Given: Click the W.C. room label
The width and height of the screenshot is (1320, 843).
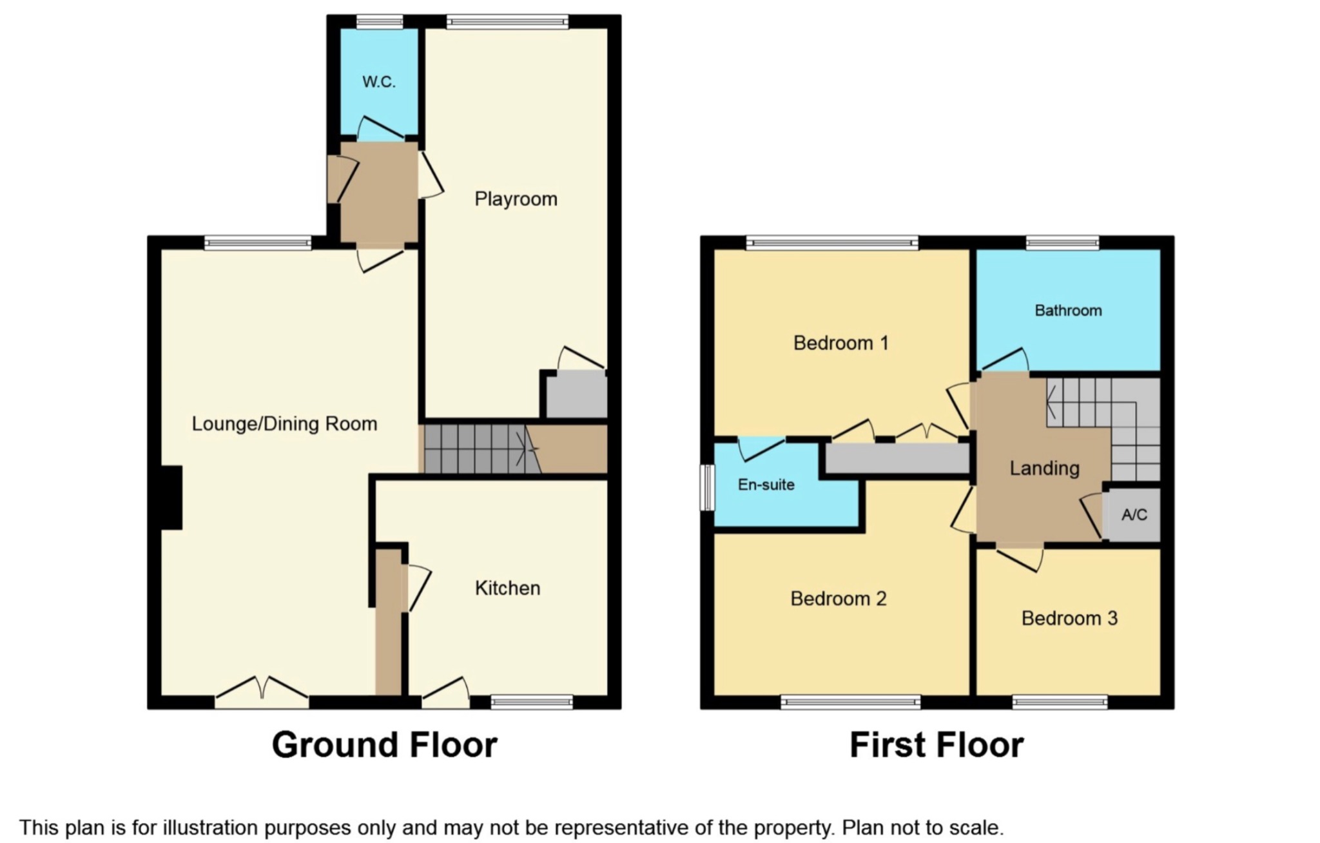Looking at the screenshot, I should point(378,82).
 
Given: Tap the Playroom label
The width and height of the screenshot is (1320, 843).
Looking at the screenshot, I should point(516,199).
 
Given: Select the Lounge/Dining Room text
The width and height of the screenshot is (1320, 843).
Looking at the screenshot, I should point(284,424).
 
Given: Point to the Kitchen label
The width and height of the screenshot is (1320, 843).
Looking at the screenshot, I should point(507,588).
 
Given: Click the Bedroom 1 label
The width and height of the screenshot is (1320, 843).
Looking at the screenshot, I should point(840,343).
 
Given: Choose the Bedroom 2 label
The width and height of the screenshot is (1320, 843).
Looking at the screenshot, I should point(838,599).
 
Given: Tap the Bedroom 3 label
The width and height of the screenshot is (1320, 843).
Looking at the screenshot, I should point(1069,619).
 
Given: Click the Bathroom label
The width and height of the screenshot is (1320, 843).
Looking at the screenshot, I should point(1068,311).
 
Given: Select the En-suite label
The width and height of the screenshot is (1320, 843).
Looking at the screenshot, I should point(766,485).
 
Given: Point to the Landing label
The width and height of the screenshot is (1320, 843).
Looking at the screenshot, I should point(1044,469).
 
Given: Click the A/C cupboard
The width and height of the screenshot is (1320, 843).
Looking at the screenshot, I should point(1134,515).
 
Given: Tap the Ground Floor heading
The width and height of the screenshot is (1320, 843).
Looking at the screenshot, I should point(384,745).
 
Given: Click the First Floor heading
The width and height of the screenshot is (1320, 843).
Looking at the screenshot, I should point(936,745).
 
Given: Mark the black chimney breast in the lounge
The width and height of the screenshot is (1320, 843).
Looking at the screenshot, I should point(171,498).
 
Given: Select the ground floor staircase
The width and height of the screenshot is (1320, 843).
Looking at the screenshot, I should point(481,449).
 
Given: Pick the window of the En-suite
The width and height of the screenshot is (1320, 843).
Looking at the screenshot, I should point(708,487).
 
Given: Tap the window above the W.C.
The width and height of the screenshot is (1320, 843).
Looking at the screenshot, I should point(379,22).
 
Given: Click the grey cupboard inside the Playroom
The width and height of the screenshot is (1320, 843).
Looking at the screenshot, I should point(576,396).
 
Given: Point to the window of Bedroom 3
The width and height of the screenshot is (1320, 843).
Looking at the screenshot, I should point(1060,702).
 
